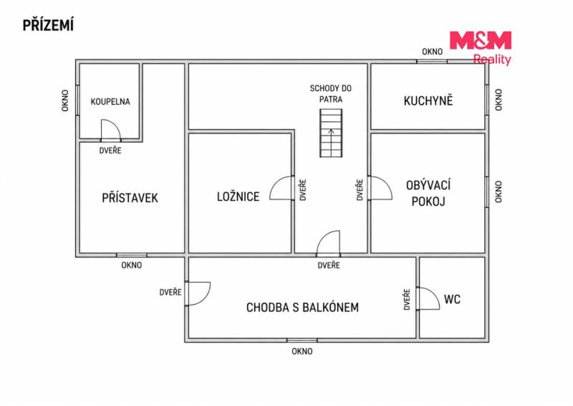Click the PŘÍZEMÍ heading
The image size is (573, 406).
48,25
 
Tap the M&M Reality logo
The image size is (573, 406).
481,48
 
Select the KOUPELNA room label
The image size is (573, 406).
110,102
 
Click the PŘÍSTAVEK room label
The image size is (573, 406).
130,198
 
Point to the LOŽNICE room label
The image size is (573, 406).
238,197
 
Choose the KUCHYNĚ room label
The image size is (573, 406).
428,100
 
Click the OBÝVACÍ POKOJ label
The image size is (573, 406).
428,193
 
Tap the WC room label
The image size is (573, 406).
452,299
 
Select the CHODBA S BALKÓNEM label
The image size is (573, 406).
302,308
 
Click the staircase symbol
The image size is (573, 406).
331,133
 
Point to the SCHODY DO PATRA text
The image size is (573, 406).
331,94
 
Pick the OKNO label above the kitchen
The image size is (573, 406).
433,52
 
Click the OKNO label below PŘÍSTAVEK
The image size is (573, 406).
132,265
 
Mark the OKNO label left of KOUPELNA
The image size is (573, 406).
65,100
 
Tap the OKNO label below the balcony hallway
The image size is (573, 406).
302,351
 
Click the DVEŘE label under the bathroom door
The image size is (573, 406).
110,151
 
